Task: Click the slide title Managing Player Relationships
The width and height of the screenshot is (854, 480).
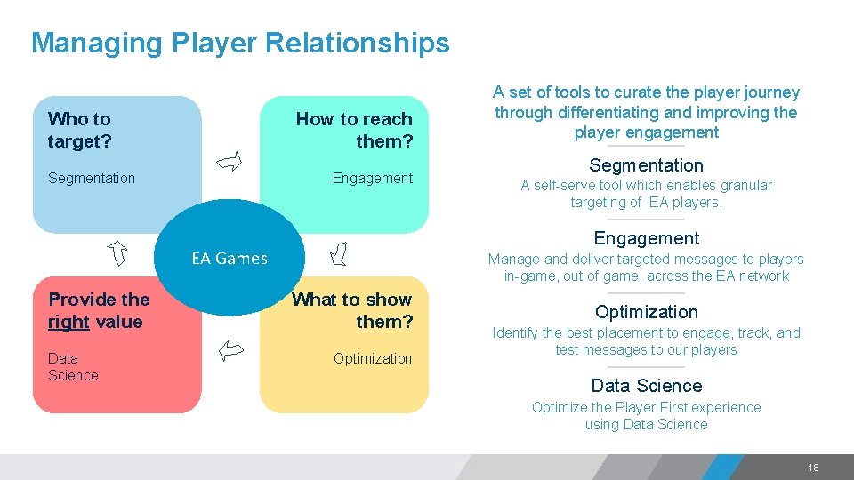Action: (240, 43)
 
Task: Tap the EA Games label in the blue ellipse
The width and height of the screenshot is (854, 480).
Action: (230, 259)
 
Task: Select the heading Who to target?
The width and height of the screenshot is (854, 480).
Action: (79, 130)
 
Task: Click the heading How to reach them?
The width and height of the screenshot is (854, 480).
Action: (354, 130)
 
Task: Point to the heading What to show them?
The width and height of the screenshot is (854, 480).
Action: (352, 310)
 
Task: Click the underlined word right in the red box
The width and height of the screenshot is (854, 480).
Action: (68, 322)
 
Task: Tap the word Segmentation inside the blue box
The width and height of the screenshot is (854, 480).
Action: (92, 178)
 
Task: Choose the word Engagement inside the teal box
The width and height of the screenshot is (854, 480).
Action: (372, 178)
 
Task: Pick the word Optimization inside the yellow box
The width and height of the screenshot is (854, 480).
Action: (372, 358)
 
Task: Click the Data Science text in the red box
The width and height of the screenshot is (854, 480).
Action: (73, 366)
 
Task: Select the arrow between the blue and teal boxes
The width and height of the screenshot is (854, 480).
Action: (230, 161)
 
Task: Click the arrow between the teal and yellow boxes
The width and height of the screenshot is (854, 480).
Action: (338, 256)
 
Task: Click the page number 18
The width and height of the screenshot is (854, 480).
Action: (813, 468)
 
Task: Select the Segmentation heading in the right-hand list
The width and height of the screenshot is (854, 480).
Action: (646, 165)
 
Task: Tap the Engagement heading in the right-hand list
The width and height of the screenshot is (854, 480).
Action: (646, 238)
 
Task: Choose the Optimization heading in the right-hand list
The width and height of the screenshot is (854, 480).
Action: (646, 312)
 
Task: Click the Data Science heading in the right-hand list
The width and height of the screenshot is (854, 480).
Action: (646, 386)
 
